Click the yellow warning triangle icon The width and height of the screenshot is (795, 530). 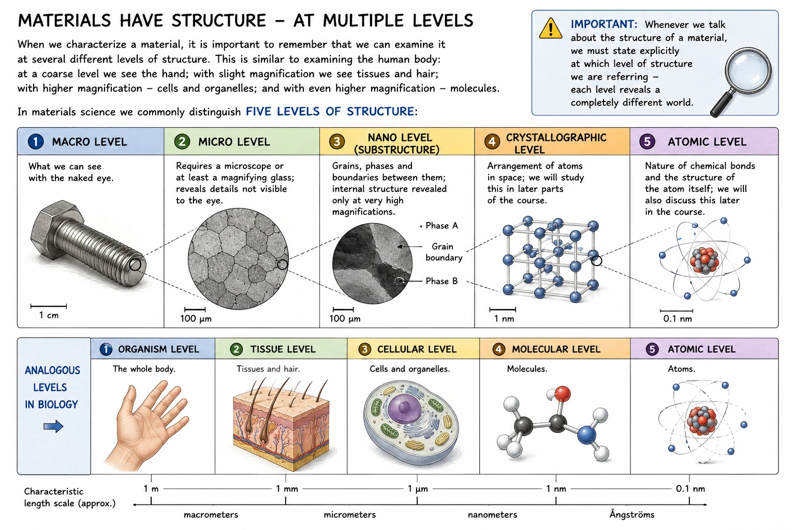pyautogui.click(x=550, y=28)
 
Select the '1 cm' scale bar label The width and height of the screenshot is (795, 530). pyautogui.click(x=49, y=315)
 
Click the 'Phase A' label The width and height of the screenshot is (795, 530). pyautogui.click(x=441, y=226)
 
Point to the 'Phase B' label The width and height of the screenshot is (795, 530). pyautogui.click(x=441, y=281)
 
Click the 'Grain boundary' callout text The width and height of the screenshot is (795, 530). pyautogui.click(x=444, y=252)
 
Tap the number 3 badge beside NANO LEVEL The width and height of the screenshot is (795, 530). pyautogui.click(x=336, y=141)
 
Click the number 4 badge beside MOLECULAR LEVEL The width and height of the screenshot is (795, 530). pyautogui.click(x=498, y=349)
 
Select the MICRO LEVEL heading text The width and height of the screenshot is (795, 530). pyautogui.click(x=234, y=142)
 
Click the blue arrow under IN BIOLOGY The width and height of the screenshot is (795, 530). pyautogui.click(x=53, y=426)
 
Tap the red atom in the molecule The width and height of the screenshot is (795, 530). pyautogui.click(x=562, y=394)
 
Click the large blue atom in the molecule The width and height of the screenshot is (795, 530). pyautogui.click(x=586, y=435)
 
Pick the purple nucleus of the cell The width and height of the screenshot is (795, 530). pyautogui.click(x=405, y=407)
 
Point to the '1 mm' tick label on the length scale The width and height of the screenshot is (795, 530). pyautogui.click(x=287, y=489)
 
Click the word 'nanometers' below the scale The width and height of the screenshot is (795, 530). pyautogui.click(x=492, y=515)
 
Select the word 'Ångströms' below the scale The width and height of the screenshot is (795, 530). pyautogui.click(x=632, y=514)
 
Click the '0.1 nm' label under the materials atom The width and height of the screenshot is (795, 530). pyautogui.click(x=678, y=319)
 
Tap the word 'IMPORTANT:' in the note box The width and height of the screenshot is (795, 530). pyautogui.click(x=604, y=24)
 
